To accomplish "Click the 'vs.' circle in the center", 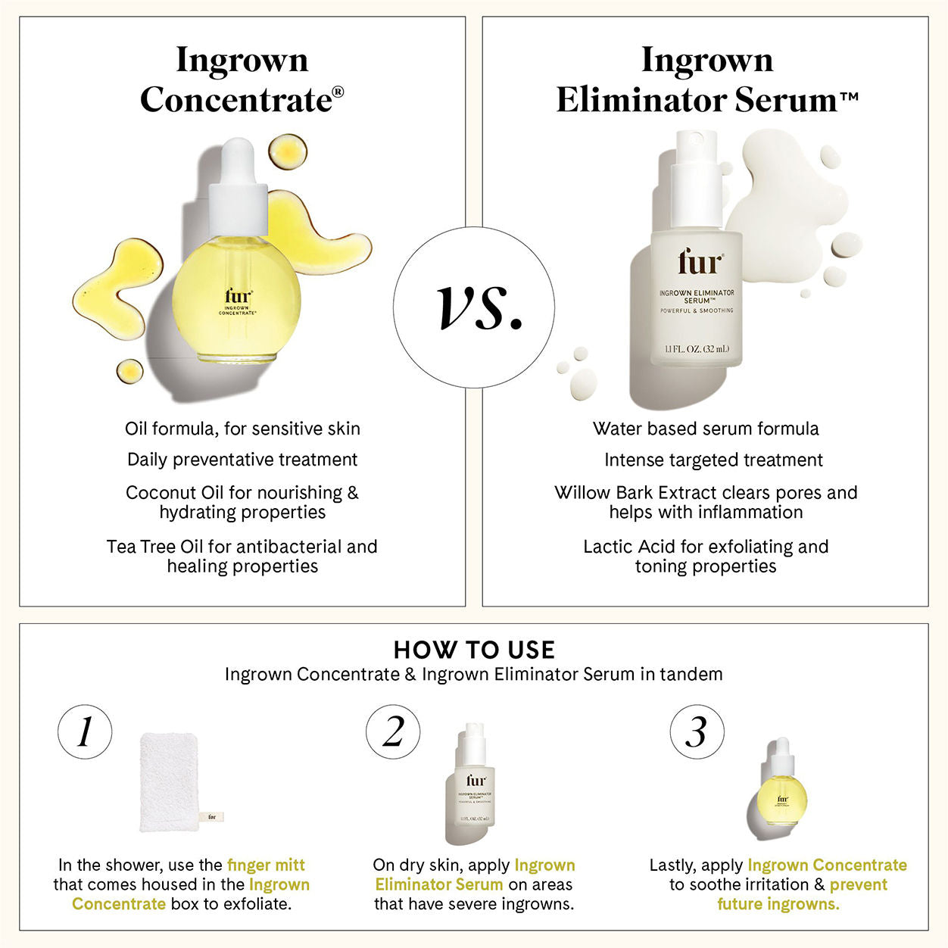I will point(474,307).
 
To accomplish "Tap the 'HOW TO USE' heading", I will point(474,650).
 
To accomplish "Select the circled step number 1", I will point(85,731).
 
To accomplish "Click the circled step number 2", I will point(393,731).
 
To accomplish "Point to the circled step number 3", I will point(697,731).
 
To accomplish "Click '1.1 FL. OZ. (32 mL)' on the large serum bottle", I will point(697,349).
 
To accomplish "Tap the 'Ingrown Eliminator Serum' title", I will point(706,80).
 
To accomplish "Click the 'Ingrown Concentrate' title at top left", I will point(242,80).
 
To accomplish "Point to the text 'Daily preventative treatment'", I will point(242,460).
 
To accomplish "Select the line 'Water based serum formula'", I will point(706,429).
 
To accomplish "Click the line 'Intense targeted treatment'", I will point(713,460).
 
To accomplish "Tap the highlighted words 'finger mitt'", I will point(266,865).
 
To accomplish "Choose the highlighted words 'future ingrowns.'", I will point(778,904).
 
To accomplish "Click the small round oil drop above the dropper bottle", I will point(288,152).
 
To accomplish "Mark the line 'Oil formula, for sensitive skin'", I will point(242,429).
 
